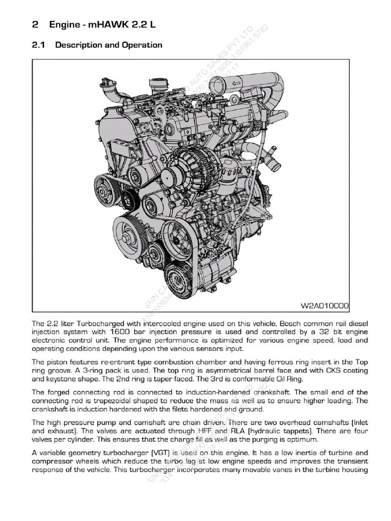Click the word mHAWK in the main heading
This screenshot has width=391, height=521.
pyautogui.click(x=101, y=24)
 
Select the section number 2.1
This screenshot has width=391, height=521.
pyautogui.click(x=39, y=45)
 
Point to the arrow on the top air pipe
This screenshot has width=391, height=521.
pyautogui.click(x=236, y=83)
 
